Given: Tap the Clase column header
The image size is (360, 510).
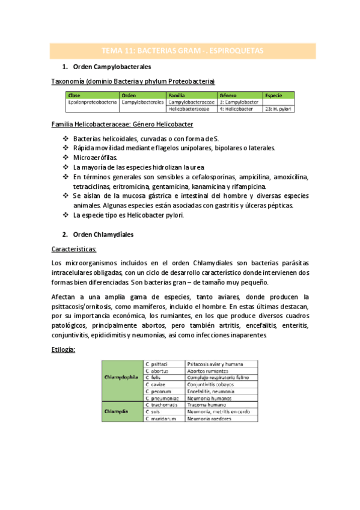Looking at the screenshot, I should pos(75,95).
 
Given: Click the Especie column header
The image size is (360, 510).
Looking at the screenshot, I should pos(273,95).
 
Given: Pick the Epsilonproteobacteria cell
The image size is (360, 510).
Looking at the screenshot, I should pos(93,102).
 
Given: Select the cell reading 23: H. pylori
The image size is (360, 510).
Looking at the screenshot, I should pos(278,109).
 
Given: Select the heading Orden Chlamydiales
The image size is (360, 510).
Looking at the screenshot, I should pos(103,234).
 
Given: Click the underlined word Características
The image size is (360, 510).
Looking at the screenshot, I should pos(79,249).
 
